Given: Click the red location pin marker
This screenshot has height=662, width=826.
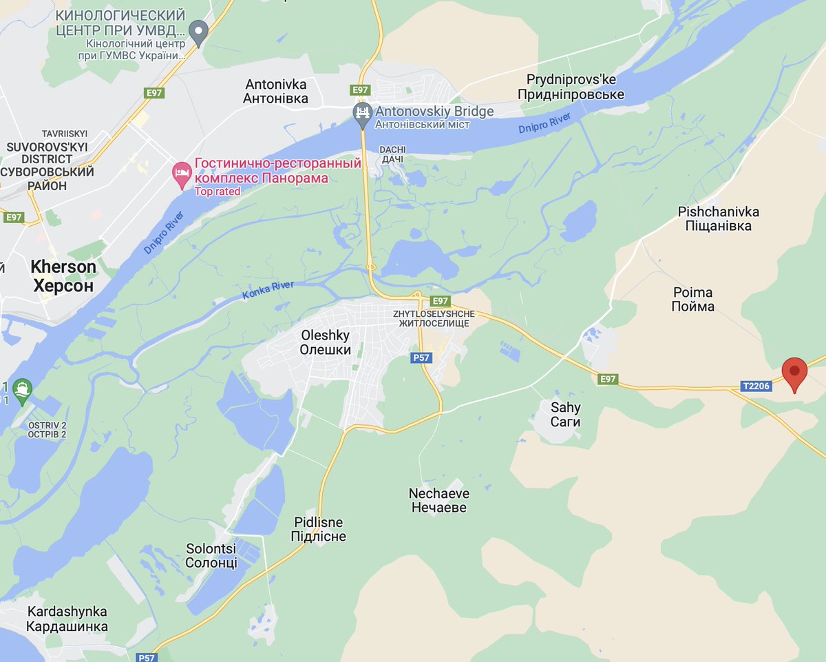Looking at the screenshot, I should click(795, 373).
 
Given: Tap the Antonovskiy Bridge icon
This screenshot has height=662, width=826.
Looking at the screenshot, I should click(362, 112).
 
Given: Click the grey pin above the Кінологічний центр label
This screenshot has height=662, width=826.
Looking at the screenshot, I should click(199, 30).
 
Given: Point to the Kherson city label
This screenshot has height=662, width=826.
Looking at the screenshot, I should click(63, 276).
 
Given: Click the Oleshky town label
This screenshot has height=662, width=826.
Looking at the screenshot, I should click(326, 342).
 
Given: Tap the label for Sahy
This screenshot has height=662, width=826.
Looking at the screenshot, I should click(565, 414).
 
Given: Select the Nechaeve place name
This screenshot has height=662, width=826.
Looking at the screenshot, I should click(439, 501).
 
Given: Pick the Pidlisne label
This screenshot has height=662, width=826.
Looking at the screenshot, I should click(319, 529).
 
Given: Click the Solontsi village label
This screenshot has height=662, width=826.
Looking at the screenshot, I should click(211, 555).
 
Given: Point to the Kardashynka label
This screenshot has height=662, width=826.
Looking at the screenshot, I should click(67, 619).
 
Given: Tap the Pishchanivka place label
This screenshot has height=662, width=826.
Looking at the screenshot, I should click(714, 218).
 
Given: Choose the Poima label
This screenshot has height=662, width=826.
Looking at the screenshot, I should click(692, 300).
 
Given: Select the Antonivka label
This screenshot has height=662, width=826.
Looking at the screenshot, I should click(276, 91).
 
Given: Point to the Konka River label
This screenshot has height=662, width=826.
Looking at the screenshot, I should click(268, 290).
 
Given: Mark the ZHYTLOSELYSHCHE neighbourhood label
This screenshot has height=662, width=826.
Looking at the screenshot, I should click(431, 318).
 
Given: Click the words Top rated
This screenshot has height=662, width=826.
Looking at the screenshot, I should click(218, 192).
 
